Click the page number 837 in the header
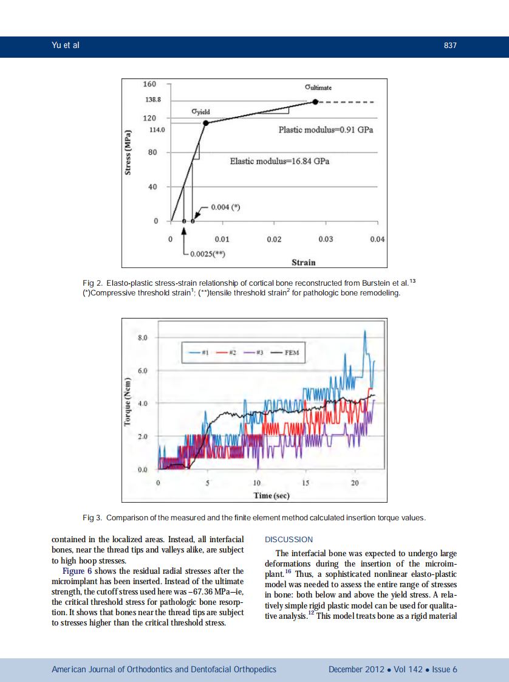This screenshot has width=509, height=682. pos(449,46)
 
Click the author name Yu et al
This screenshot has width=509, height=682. pos(66,46)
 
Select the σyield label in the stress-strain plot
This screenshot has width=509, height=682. pos(200,111)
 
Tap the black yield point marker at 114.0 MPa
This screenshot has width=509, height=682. pos(206,123)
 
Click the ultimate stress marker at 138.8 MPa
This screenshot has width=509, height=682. pos(315,102)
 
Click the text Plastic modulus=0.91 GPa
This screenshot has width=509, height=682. pos(326,130)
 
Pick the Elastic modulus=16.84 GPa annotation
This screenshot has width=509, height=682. pos(279,161)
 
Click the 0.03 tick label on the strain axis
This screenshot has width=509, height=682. pos(326,239)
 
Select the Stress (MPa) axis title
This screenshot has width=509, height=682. pos(128,154)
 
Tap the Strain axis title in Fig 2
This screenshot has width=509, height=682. pos(303,262)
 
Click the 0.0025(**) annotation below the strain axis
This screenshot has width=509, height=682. pos(208,253)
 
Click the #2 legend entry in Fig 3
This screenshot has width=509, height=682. pos(229,352)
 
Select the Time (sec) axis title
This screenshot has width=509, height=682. pos(271,495)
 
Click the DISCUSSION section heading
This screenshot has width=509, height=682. pos(289,539)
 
